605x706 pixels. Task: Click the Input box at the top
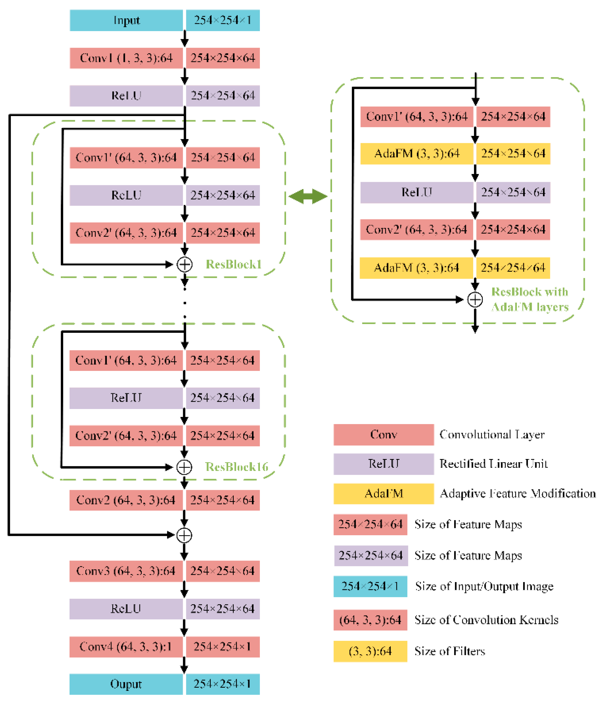point(126,20)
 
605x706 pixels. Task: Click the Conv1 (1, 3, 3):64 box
point(126,58)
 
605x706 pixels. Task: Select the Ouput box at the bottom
point(126,684)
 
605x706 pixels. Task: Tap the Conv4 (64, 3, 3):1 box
point(126,646)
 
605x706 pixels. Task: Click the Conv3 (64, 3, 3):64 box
point(126,571)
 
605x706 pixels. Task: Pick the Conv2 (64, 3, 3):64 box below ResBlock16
point(126,500)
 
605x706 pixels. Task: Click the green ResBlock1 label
point(233,264)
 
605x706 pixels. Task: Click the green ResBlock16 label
point(237,467)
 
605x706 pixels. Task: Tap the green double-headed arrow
point(308,197)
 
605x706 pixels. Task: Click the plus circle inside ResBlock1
point(184,264)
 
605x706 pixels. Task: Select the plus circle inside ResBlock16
point(184,467)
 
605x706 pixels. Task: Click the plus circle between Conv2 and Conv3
point(184,535)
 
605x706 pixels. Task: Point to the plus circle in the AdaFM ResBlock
point(475,300)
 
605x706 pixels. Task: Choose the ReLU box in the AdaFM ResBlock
point(416,193)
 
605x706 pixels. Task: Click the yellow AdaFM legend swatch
point(384,493)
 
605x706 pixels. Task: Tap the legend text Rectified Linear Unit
point(493,464)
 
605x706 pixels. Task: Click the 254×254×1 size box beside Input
point(223,20)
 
